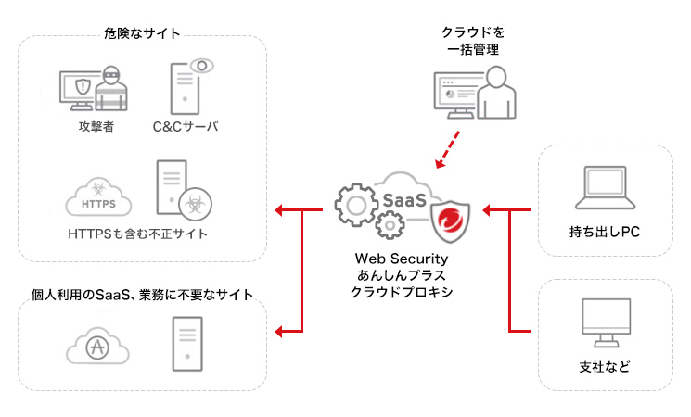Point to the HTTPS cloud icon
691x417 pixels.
coord(98,196)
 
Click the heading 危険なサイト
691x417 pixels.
coord(142,33)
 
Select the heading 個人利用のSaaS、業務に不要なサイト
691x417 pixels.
coord(142,295)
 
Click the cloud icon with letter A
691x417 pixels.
coord(97,347)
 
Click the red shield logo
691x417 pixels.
coord(452,222)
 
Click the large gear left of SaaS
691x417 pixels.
coord(356,203)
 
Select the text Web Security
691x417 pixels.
coord(402,259)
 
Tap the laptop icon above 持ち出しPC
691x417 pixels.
coord(604,189)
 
